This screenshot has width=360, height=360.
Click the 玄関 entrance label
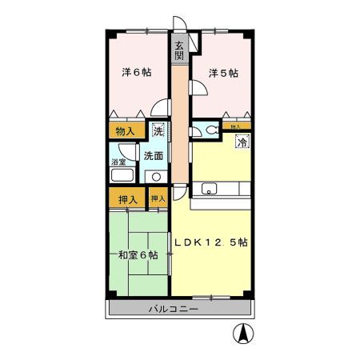(x=179, y=50)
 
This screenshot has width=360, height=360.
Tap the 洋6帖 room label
(x=136, y=73)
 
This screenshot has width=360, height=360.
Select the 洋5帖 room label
(x=223, y=73)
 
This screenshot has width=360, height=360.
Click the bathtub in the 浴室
(x=122, y=177)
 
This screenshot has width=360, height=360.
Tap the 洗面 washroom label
(x=154, y=155)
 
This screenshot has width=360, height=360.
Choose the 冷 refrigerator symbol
(x=240, y=142)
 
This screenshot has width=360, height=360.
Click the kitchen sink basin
(x=210, y=190)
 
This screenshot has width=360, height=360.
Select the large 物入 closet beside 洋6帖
(x=125, y=130)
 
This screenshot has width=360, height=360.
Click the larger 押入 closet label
(x=126, y=198)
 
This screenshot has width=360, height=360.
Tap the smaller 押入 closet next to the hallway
(x=158, y=198)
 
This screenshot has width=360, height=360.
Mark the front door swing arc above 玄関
(x=179, y=26)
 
